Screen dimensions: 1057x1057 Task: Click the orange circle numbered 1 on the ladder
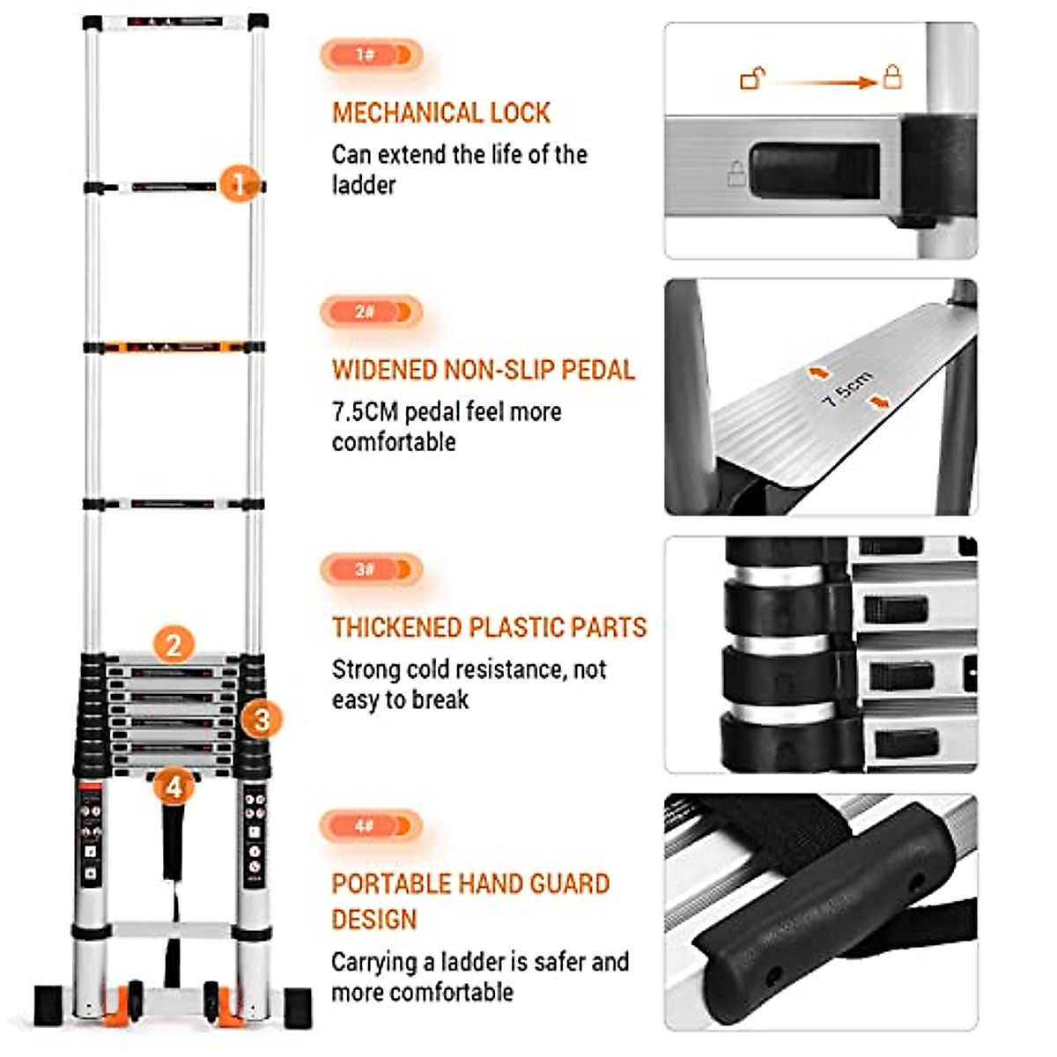pyautogui.click(x=237, y=184)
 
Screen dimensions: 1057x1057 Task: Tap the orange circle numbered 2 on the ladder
pyautogui.click(x=174, y=645)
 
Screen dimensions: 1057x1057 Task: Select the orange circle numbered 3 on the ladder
pyautogui.click(x=261, y=720)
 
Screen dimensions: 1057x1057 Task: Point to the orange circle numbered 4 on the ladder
pyautogui.click(x=174, y=786)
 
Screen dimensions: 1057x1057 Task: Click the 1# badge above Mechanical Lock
pyautogui.click(x=371, y=55)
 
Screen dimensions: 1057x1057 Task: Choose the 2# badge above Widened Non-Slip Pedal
pyautogui.click(x=371, y=312)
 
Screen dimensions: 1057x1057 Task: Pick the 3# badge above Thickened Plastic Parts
pyautogui.click(x=371, y=569)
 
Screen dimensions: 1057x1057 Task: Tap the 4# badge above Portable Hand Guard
pyautogui.click(x=371, y=826)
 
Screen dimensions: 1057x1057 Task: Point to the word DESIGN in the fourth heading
pyautogui.click(x=373, y=920)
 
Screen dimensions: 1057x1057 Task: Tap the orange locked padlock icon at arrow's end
pyautogui.click(x=892, y=77)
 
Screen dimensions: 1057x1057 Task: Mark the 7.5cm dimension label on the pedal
pyautogui.click(x=846, y=388)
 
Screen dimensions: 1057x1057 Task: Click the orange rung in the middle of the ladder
pyautogui.click(x=174, y=347)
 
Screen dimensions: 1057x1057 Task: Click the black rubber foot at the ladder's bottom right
pyautogui.click(x=297, y=1007)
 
